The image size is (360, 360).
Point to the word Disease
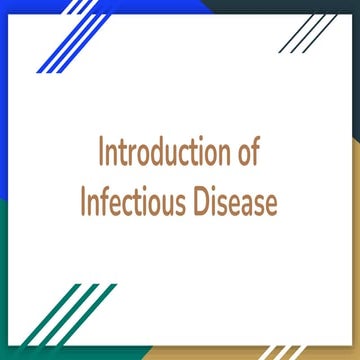coord(233,204)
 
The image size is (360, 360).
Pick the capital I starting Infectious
coord(84,204)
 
